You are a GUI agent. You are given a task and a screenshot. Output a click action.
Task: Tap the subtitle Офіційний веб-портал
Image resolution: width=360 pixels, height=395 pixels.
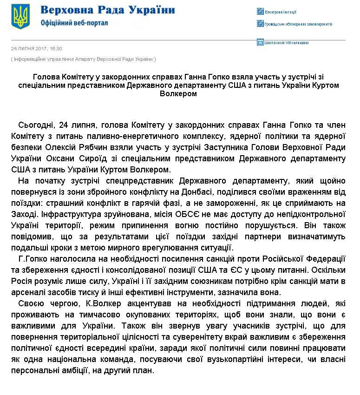[x=74, y=23]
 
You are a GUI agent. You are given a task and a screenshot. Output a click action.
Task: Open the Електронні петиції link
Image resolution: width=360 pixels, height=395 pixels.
[x=281, y=12]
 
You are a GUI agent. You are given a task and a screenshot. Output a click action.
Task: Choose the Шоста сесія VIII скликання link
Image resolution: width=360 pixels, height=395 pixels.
[x=286, y=43]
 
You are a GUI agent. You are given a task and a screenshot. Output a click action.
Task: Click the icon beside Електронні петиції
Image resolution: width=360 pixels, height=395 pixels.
[x=260, y=12]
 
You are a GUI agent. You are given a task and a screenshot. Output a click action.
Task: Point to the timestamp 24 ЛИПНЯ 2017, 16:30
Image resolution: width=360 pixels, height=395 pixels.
[x=36, y=48]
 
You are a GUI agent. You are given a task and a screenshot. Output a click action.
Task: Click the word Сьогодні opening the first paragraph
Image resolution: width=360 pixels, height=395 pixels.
[x=36, y=125]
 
